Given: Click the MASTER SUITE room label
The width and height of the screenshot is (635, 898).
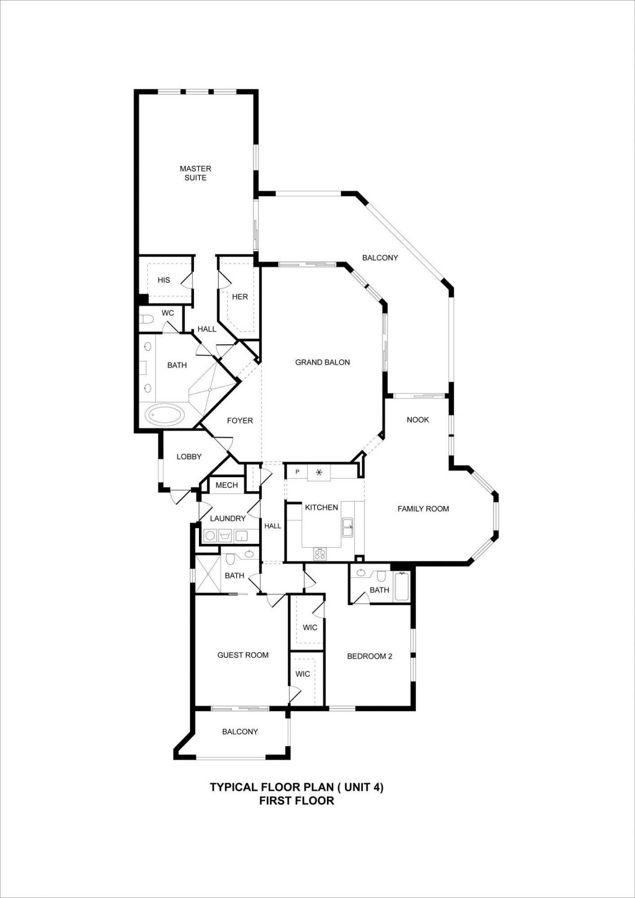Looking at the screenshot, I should (x=195, y=173).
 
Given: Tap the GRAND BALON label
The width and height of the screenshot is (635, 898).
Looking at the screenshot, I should (x=322, y=362).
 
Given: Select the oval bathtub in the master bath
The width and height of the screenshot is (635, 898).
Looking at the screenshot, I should (x=164, y=415).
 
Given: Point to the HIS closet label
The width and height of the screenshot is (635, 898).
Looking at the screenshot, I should (x=164, y=280).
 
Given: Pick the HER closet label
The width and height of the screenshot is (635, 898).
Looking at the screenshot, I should (x=240, y=297).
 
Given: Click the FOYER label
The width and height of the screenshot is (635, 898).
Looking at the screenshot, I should (x=240, y=421).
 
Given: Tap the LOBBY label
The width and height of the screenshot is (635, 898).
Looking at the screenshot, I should (x=189, y=456).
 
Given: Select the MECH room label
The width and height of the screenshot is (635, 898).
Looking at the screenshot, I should (x=227, y=485).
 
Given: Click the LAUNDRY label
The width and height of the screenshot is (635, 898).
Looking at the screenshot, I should (x=228, y=518).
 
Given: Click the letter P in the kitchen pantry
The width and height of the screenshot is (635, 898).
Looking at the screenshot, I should (x=298, y=472).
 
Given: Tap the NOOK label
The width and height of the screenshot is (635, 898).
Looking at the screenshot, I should (x=418, y=420).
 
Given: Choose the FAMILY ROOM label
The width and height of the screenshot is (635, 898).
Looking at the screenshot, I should (x=423, y=509).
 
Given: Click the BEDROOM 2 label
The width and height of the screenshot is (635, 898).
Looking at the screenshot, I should (x=370, y=656).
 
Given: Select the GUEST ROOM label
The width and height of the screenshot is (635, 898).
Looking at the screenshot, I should (x=243, y=655).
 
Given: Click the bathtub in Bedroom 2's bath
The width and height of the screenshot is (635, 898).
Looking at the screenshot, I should (x=401, y=587).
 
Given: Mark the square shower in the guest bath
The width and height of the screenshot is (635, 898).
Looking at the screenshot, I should (x=207, y=575).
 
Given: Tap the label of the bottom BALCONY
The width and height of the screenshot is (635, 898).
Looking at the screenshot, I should (x=240, y=732).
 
